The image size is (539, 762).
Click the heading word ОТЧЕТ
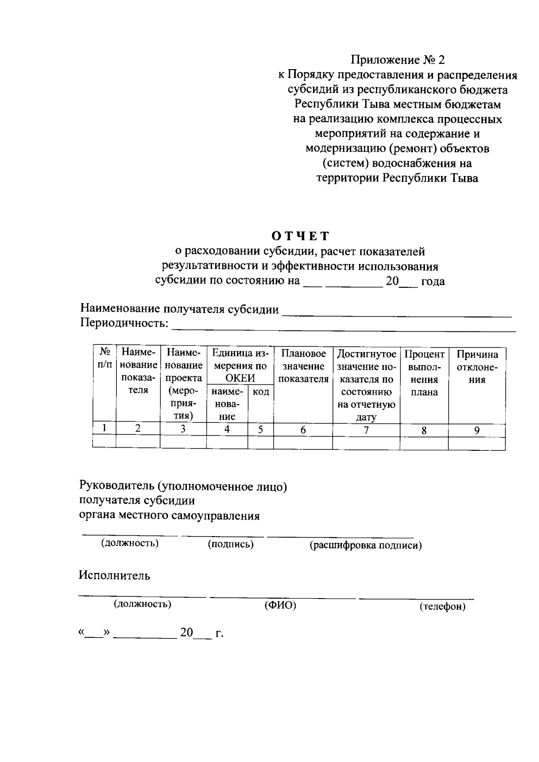300,236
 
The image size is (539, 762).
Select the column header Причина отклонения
477,367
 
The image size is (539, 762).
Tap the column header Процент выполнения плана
424,373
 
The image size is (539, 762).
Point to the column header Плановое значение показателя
303,367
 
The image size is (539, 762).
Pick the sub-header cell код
261,392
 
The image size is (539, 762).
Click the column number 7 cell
366,430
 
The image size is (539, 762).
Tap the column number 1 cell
104,428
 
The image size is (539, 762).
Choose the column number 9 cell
477,431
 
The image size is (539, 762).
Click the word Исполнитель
115,575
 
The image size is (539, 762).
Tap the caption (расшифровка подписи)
366,546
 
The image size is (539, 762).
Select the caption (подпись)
230,544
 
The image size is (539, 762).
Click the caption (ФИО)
280,605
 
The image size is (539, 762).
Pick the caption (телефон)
442,607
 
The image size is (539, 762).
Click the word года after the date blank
433,282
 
